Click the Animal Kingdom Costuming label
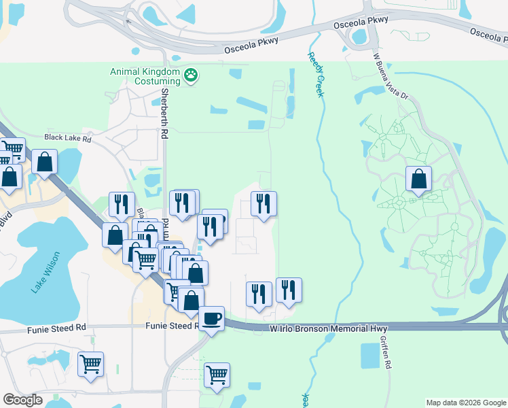point(145,76)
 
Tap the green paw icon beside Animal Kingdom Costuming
point(192,75)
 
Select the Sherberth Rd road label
point(164,113)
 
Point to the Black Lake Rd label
point(67,137)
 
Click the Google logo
point(22,399)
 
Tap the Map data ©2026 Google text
point(465,403)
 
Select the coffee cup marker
point(212,318)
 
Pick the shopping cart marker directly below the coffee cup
point(217,375)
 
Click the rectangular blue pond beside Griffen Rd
point(370,355)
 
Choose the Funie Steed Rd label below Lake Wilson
point(56,328)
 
